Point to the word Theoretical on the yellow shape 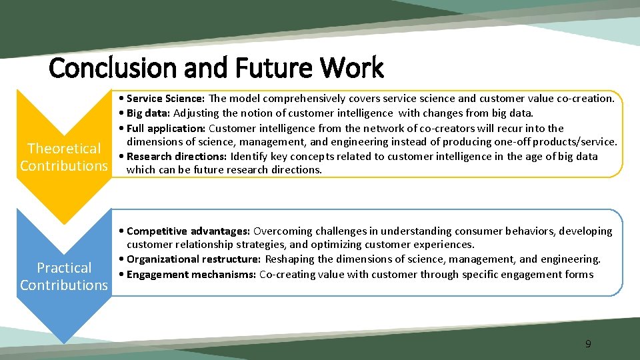pyautogui.click(x=64, y=149)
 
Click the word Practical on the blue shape pyautogui.click(x=64, y=268)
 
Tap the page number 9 pyautogui.click(x=588, y=344)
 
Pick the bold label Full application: pyautogui.click(x=166, y=128)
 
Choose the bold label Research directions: pyautogui.click(x=177, y=157)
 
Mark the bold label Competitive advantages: pyautogui.click(x=188, y=231)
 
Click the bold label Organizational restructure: pyautogui.click(x=194, y=259)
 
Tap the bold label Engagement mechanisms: pyautogui.click(x=191, y=274)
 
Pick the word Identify pyautogui.click(x=249, y=157)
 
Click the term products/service pyautogui.click(x=578, y=142)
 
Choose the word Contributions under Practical pyautogui.click(x=64, y=285)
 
